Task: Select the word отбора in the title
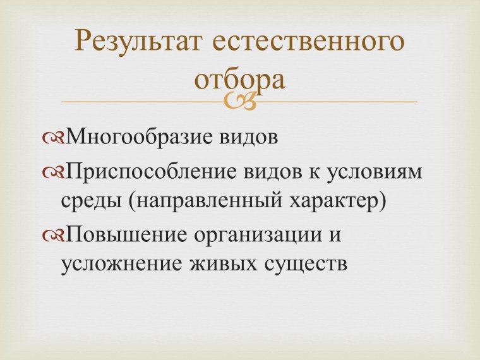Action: (x=239, y=80)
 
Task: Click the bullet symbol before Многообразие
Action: (x=53, y=137)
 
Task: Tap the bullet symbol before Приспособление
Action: (x=53, y=172)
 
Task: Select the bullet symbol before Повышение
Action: (x=53, y=234)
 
